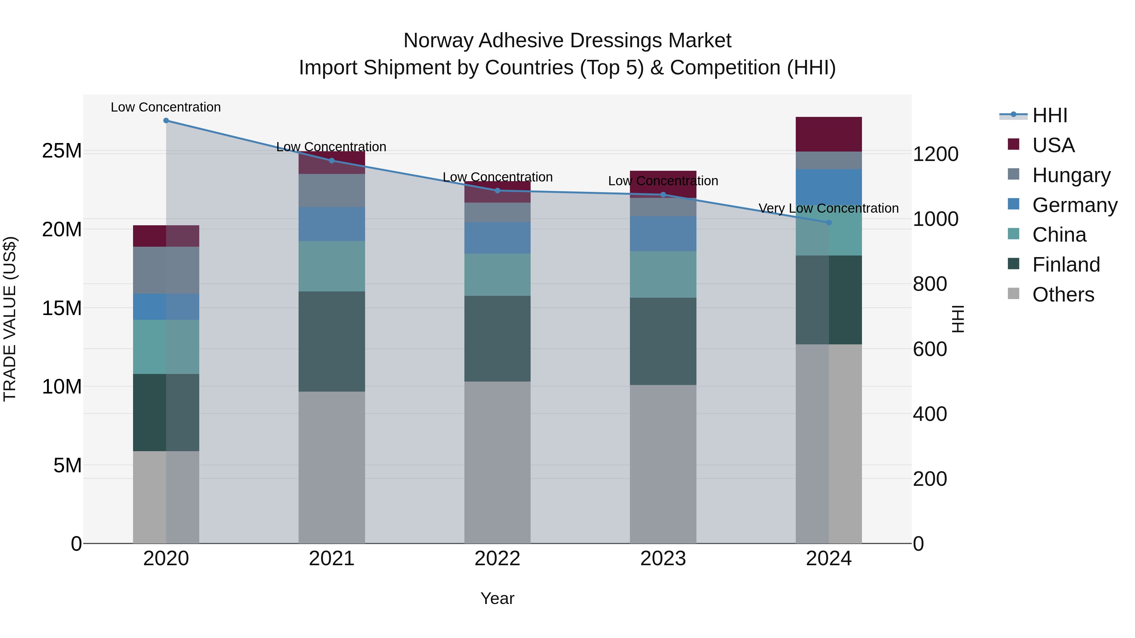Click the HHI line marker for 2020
click(166, 121)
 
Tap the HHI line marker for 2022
click(498, 191)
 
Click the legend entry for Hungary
click(1071, 175)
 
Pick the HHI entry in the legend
click(1050, 115)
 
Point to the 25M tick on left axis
click(62, 151)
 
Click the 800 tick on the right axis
click(930, 284)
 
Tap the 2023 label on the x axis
click(663, 559)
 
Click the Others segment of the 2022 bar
click(498, 462)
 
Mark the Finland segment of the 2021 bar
click(332, 341)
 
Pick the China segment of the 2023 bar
click(663, 274)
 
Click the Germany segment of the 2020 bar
click(166, 307)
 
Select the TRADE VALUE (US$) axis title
click(10, 319)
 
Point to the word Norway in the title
click(439, 41)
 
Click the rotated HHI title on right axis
click(958, 319)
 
